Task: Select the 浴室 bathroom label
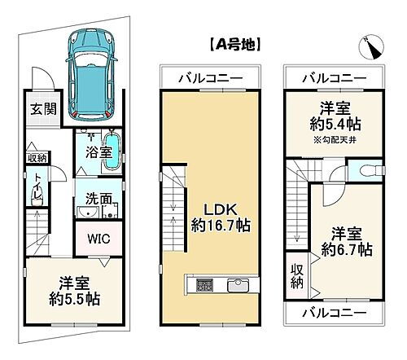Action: point(90,151)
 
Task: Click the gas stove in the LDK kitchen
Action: point(203,286)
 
